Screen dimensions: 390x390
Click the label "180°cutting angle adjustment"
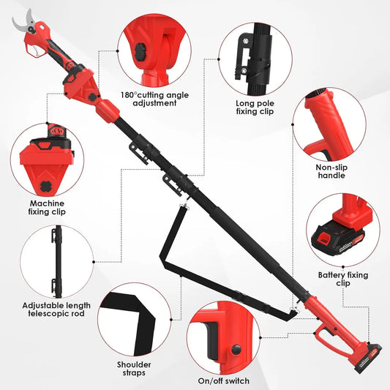(155, 98)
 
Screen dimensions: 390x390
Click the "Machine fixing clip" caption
(45, 208)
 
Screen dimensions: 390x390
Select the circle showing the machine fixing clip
(45, 158)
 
